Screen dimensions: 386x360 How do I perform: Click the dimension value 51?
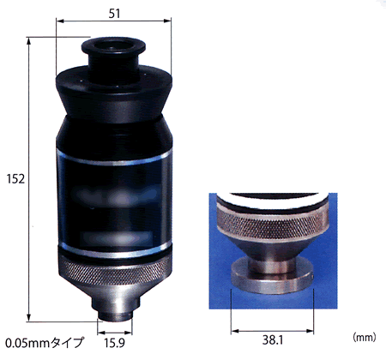click(x=114, y=14)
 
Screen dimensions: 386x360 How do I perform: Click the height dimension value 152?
click(x=15, y=179)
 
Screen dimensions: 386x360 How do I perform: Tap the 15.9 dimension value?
click(x=114, y=343)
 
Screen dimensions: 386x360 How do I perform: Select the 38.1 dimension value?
click(x=273, y=340)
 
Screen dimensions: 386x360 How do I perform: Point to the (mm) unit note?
click(x=365, y=338)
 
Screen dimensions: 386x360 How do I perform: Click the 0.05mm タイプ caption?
click(x=45, y=343)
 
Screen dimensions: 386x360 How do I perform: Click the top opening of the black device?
click(x=113, y=45)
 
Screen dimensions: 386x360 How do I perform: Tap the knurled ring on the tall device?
click(x=115, y=273)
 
